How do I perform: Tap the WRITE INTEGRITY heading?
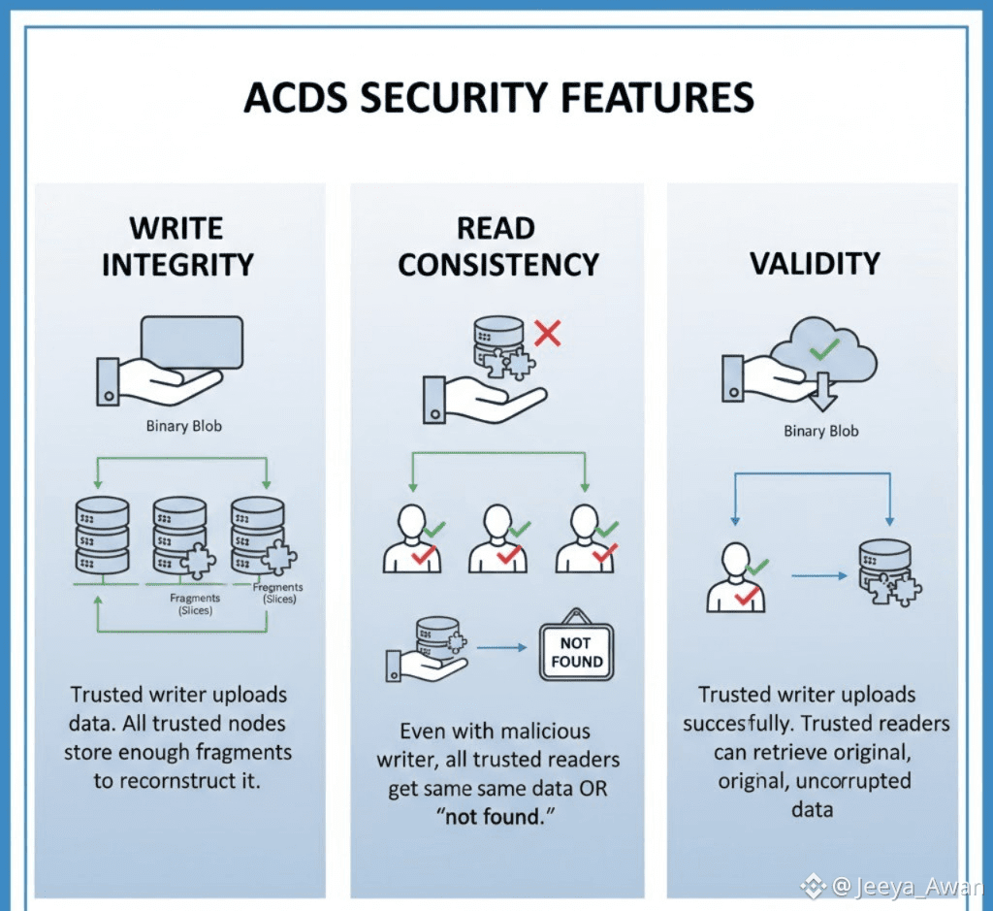pos(177,246)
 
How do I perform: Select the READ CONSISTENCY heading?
pos(498,246)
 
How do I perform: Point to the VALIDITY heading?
pos(815,263)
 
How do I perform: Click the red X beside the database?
pos(548,335)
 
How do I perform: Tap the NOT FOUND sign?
pos(576,652)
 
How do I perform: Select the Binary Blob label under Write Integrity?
pos(183,425)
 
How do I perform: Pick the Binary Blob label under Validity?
pos(820,431)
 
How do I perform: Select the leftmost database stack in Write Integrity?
pos(102,535)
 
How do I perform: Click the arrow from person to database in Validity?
pos(813,575)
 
